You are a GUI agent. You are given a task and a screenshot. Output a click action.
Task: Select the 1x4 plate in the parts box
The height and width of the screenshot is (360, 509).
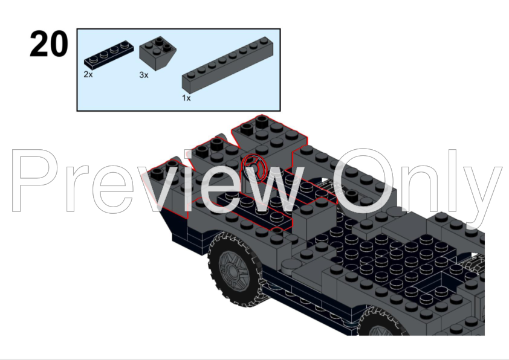click(109, 53)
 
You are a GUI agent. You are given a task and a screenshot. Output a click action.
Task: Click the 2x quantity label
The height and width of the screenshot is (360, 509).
click(88, 74)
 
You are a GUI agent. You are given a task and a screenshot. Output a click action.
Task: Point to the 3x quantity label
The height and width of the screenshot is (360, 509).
click(143, 75)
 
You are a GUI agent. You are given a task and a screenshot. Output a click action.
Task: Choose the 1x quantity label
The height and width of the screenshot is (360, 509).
click(186, 98)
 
